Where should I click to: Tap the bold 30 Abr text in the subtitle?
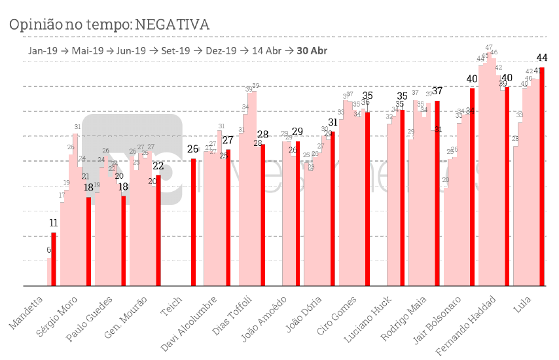(312, 50)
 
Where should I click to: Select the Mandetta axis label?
(28, 312)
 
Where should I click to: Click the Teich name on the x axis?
(172, 306)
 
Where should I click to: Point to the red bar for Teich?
(193, 223)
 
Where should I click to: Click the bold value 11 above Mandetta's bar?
(54, 223)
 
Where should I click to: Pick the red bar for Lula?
(542, 177)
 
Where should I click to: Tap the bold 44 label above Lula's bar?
(542, 58)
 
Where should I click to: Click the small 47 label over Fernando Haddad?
(489, 47)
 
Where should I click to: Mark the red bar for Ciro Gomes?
(367, 199)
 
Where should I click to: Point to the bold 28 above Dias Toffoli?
(262, 135)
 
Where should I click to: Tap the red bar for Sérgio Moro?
(88, 242)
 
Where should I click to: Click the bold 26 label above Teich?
(193, 149)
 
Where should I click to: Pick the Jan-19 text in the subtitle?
(41, 50)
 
